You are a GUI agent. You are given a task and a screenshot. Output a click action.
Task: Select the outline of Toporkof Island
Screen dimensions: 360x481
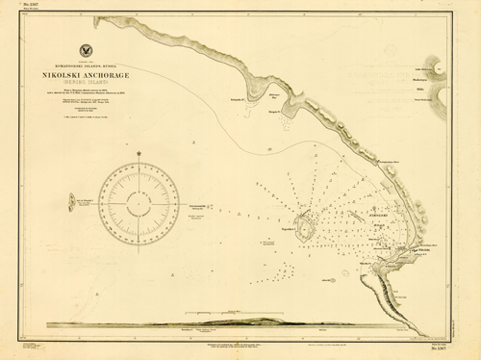[x=306, y=227]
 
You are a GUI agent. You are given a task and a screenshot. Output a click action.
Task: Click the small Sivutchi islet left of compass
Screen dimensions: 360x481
[x=74, y=202]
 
